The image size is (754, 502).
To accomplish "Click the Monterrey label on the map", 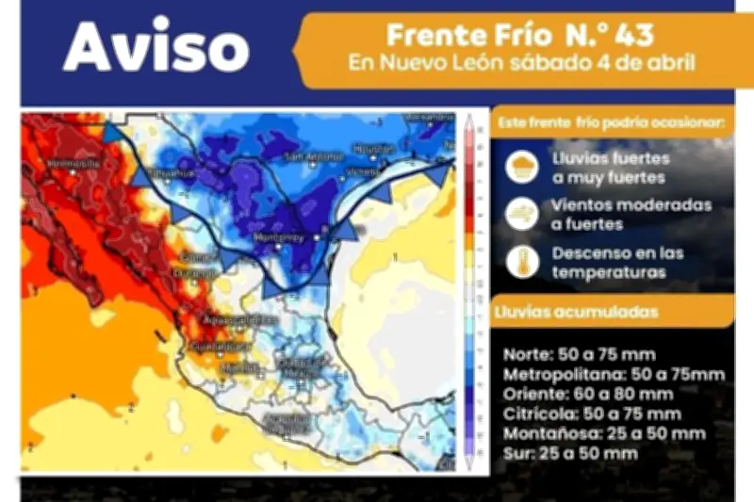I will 279,238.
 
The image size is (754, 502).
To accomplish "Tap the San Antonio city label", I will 307,155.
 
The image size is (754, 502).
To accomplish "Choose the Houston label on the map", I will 374,148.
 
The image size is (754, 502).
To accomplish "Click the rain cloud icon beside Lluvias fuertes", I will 522,168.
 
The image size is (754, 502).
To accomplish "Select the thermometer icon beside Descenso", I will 522,262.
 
